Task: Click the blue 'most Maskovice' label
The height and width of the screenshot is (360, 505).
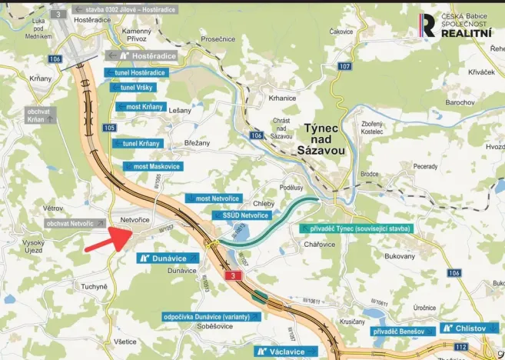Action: coord(154,166)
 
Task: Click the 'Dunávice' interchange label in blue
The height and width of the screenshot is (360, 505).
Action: coord(168,258)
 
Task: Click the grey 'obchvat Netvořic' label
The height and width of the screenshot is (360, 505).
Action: coord(70,223)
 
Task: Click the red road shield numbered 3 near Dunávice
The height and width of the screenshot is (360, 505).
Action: coord(231,275)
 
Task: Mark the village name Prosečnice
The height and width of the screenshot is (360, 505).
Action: coord(218,38)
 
